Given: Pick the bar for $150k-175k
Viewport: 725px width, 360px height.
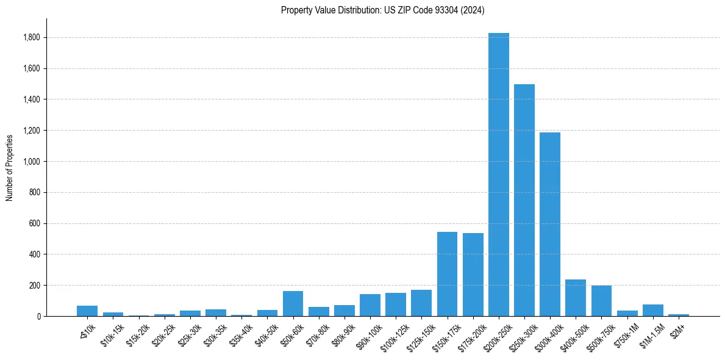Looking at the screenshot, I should pos(447,274).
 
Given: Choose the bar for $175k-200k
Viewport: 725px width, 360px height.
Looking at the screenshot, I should pos(473,275).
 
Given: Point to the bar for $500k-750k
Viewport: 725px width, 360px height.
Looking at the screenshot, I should pos(601,301).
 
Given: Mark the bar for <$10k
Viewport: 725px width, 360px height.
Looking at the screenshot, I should pos(87,311).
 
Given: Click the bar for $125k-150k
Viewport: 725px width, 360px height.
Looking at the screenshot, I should pos(421,303).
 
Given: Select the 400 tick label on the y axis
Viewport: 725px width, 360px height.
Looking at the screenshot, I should pos(35,254).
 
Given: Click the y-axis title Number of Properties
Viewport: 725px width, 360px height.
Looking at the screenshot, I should pos(10,168).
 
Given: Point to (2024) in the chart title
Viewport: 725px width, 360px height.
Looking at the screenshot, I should pos(473,10).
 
